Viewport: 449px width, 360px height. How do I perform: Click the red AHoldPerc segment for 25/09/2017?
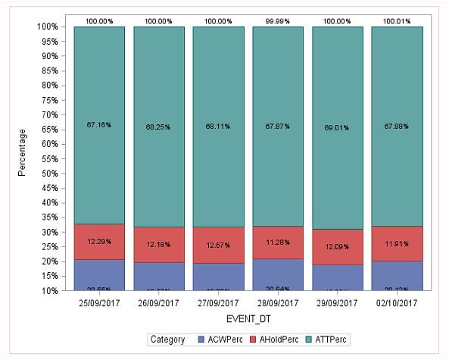point(99,242)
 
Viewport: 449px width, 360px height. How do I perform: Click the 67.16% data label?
point(99,124)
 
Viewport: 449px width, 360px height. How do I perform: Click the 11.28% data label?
point(278,243)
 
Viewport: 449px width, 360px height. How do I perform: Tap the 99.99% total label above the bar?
point(278,20)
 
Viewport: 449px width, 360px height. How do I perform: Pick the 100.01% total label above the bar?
point(397,20)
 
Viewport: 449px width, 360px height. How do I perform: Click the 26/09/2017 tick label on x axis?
point(158,303)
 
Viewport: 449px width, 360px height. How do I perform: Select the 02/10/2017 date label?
point(397,303)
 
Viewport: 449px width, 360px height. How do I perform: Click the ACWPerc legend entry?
point(220,340)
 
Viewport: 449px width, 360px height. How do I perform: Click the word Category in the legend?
point(168,340)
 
